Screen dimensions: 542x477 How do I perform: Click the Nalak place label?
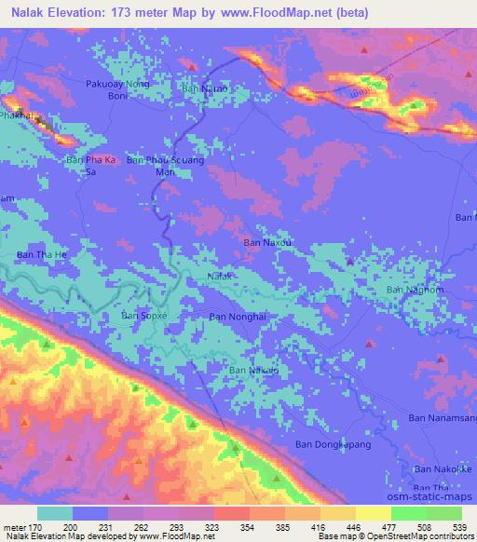click(x=219, y=277)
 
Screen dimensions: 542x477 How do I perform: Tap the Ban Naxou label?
click(x=268, y=242)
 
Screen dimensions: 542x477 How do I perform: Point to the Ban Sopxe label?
click(x=144, y=317)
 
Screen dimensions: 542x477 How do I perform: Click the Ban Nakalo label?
click(x=252, y=371)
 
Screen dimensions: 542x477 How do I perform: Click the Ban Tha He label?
click(x=42, y=254)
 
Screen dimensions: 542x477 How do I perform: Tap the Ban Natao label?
click(x=204, y=88)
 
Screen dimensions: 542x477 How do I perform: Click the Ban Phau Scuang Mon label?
click(x=164, y=166)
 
